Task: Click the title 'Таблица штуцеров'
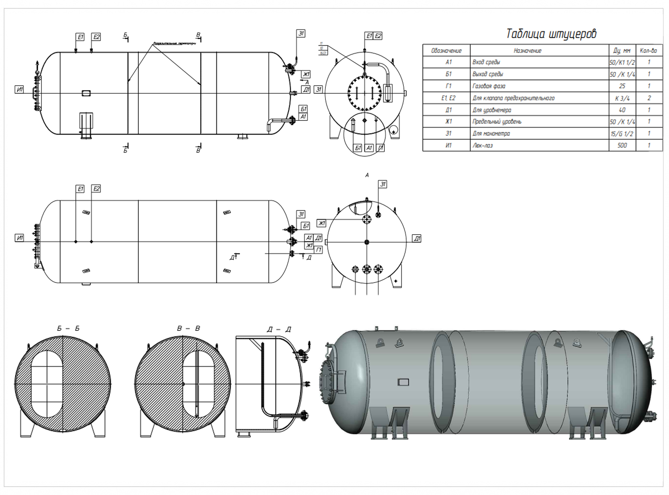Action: point(551,34)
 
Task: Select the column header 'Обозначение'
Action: point(446,51)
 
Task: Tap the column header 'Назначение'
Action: point(528,51)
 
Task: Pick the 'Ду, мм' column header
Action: point(622,51)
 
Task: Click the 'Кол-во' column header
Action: point(648,51)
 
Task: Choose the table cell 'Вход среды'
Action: point(486,62)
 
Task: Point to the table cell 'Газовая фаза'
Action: point(489,86)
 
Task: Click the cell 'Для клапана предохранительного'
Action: point(513,98)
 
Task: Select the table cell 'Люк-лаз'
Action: point(482,146)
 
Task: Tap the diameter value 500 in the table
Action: point(622,146)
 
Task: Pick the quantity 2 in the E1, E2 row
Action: point(649,98)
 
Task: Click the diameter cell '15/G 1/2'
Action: point(622,134)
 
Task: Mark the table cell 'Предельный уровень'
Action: point(497,122)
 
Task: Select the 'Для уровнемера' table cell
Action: point(492,110)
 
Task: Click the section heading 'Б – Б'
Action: point(68,329)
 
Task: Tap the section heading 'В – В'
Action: point(188,329)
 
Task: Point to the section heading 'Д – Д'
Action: point(279,330)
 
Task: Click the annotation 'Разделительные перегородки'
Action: point(174,43)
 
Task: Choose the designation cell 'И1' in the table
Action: point(448,146)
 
